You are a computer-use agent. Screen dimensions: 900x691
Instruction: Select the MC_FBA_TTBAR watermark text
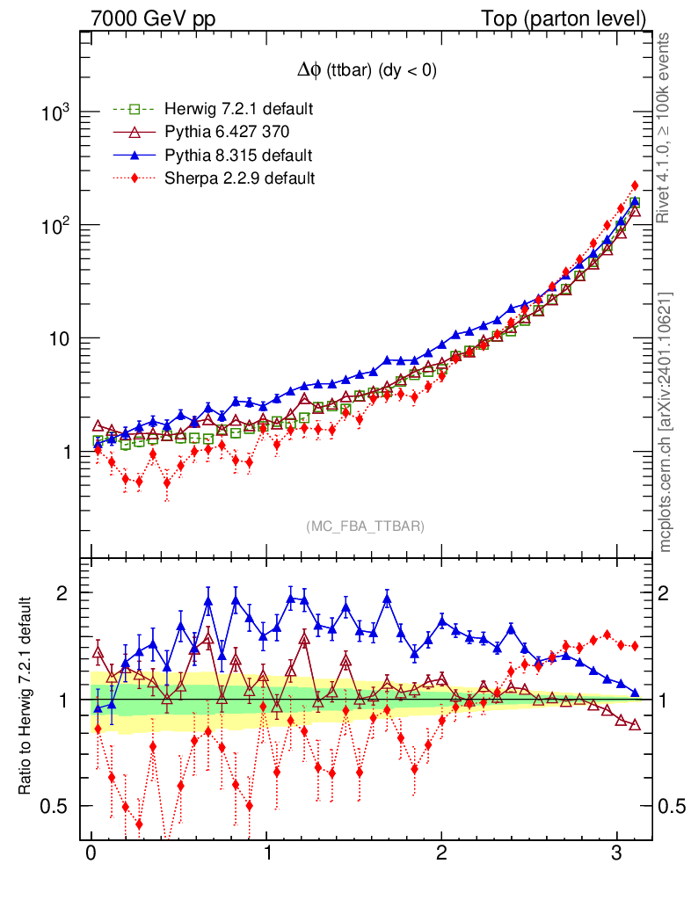click(366, 526)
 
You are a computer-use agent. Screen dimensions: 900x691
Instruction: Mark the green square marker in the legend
click(135, 110)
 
